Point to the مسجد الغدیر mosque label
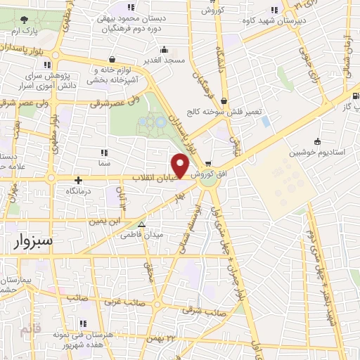tap(164, 60)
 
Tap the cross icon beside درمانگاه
tap(78, 180)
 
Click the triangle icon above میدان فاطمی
tap(143, 224)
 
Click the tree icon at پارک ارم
tap(25, 21)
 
